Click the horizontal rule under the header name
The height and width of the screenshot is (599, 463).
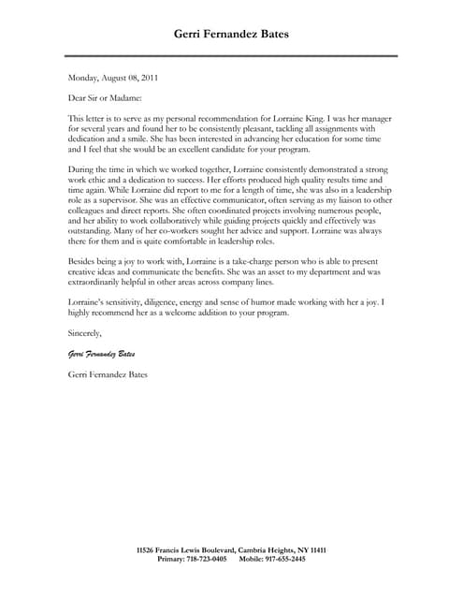233,56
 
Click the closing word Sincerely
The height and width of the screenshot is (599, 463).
86,333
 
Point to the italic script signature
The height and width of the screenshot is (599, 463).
101,354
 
